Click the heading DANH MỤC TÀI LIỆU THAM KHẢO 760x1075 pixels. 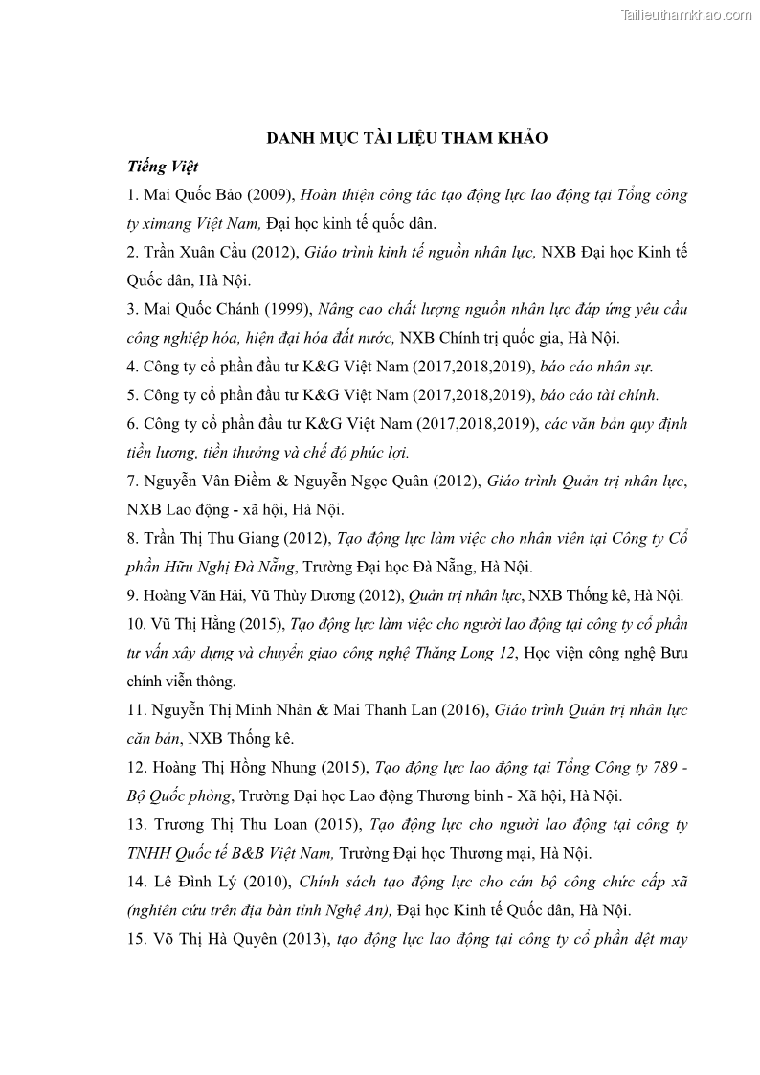(x=407, y=138)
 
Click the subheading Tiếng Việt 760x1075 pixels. (x=163, y=167)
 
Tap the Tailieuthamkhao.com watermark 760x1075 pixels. (x=686, y=14)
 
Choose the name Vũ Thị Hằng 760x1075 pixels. (x=192, y=623)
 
